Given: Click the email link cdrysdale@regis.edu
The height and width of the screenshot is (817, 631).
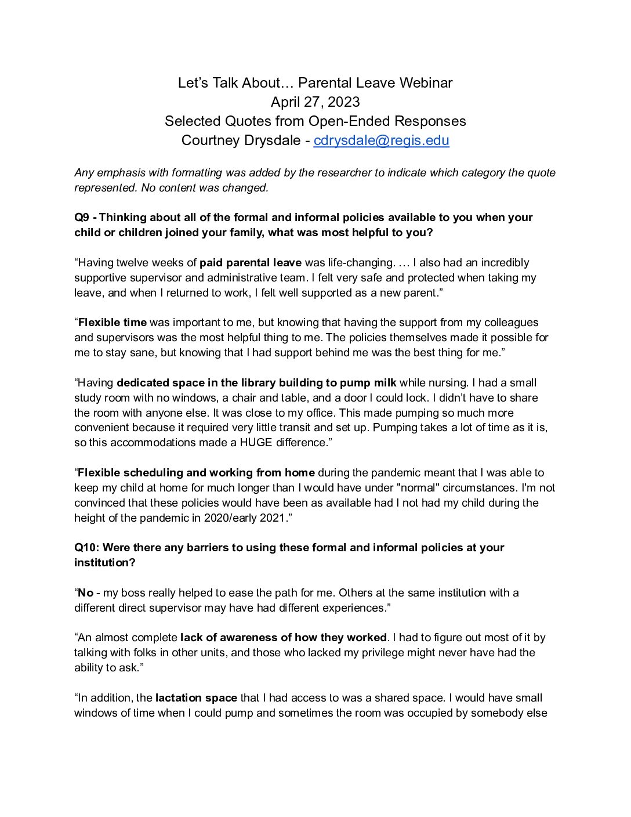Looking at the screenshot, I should [381, 140].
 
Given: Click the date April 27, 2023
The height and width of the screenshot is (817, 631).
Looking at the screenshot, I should [315, 102].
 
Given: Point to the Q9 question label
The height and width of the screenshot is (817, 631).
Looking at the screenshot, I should [82, 218].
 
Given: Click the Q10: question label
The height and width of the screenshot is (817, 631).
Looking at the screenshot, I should [86, 548].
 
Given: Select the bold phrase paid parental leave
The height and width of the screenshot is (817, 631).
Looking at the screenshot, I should [251, 263].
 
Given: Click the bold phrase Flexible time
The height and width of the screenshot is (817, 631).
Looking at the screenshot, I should [113, 323].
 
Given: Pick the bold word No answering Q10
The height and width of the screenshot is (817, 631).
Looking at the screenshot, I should [85, 593].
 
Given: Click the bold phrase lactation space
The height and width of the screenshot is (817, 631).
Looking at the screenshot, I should [196, 698].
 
